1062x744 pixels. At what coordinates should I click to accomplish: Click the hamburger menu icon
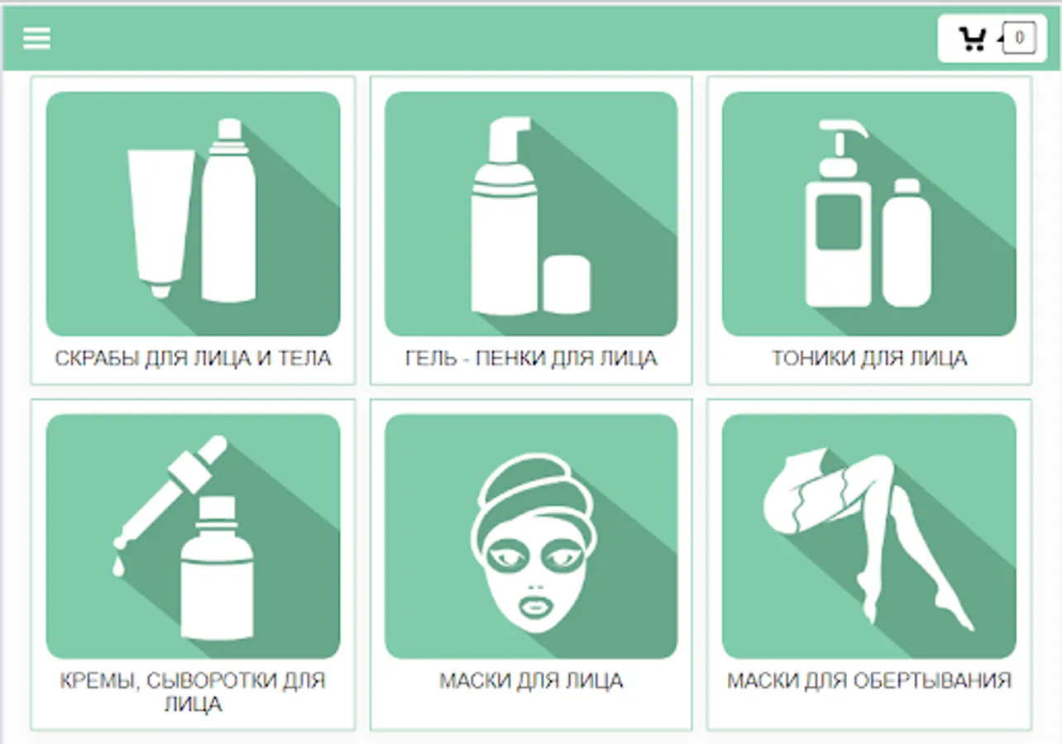(36, 38)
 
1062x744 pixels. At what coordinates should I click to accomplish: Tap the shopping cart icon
(973, 39)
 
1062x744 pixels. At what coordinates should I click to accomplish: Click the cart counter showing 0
(1019, 37)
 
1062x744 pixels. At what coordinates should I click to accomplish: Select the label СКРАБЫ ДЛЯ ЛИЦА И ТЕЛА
(193, 358)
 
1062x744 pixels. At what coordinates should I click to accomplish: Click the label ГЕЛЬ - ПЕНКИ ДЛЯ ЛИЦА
(531, 358)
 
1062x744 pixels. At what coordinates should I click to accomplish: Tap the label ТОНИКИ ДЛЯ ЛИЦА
(869, 358)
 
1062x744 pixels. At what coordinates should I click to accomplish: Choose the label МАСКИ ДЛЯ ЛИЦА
(531, 681)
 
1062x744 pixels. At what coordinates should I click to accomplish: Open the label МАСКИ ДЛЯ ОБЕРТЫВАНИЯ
(869, 681)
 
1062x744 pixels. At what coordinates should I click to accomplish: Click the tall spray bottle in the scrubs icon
(229, 211)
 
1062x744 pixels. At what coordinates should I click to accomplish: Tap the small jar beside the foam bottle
(567, 284)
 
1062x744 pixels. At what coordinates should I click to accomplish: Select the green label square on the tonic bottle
(838, 222)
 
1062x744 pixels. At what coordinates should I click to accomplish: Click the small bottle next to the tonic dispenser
(907, 243)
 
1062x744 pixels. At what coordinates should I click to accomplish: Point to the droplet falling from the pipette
(118, 567)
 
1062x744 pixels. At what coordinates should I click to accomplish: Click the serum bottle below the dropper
(218, 568)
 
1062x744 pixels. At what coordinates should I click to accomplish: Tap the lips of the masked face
(534, 608)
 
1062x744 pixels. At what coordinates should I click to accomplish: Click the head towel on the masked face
(535, 498)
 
